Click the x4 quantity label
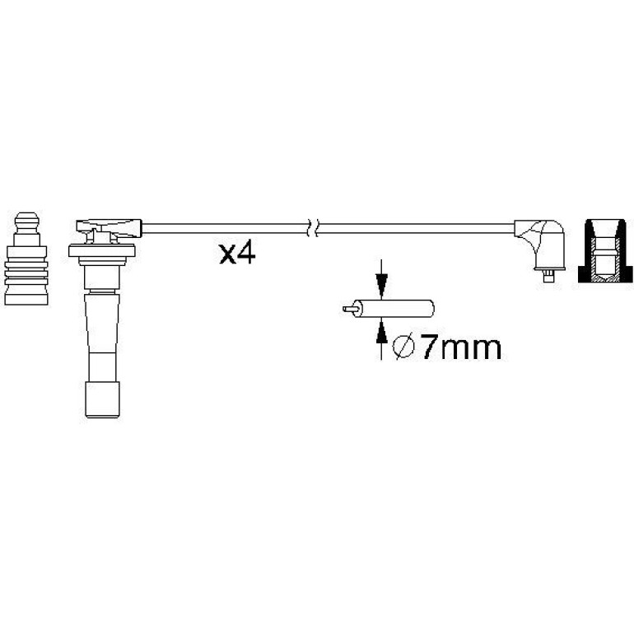[237, 254]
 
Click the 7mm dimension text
[461, 347]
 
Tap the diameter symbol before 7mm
[404, 347]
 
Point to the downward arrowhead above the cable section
[381, 282]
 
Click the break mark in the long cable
[314, 228]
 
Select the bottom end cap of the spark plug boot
[102, 399]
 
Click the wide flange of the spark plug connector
[101, 250]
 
